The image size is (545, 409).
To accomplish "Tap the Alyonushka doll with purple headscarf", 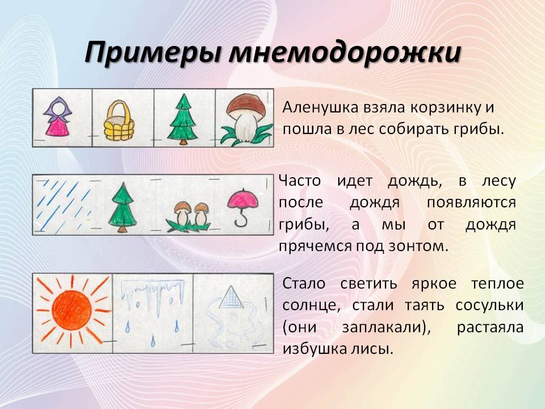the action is tap(58, 116).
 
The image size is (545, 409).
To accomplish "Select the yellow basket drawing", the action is tap(119, 120).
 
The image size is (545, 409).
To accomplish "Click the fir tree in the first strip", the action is tap(182, 119).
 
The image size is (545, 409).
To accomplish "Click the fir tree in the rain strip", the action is tap(122, 207).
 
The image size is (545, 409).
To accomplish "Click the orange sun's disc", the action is tap(72, 311).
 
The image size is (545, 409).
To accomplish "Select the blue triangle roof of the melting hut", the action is tap(232, 298).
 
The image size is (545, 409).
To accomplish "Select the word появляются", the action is tap(471, 202).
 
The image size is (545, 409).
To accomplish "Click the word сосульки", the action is tap(489, 306).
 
